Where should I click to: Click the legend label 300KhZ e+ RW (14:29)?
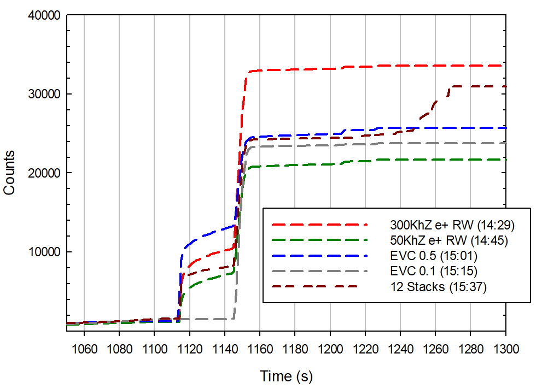[x=452, y=224]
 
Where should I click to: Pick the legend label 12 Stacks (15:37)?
[x=438, y=286]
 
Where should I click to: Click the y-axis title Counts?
[x=9, y=173]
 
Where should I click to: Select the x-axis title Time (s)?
[x=286, y=376]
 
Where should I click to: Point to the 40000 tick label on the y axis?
[x=43, y=15]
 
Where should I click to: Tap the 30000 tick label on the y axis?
[x=43, y=94]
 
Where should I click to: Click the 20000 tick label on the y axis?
[x=43, y=173]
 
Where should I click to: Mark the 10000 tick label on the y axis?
[x=43, y=252]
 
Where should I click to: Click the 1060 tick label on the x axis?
[x=84, y=348]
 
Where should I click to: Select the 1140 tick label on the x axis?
[x=224, y=348]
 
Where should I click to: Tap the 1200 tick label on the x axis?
[x=330, y=348]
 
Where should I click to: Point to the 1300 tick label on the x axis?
[x=505, y=348]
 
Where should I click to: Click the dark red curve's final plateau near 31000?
[x=481, y=86]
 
